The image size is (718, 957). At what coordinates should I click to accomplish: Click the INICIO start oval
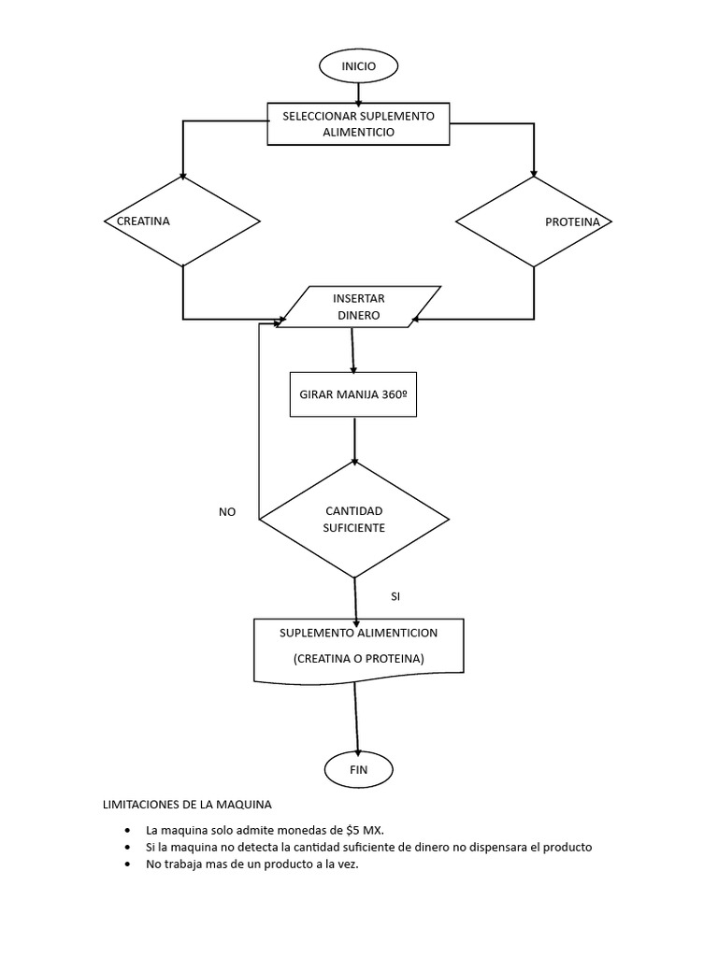pyautogui.click(x=358, y=66)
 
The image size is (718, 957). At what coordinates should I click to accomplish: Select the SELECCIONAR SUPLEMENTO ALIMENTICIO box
pyautogui.click(x=358, y=124)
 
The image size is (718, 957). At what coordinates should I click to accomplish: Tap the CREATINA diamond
pyautogui.click(x=182, y=221)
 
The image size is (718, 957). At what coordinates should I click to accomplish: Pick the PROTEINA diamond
pyautogui.click(x=534, y=221)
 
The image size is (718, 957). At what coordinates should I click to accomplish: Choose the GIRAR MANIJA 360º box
pyautogui.click(x=353, y=394)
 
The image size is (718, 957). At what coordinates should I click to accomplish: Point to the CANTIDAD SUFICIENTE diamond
pyautogui.click(x=353, y=519)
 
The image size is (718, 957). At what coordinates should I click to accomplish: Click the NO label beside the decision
pyautogui.click(x=227, y=512)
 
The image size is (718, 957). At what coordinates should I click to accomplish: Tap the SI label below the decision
pyautogui.click(x=395, y=595)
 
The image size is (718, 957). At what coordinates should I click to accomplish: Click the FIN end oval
pyautogui.click(x=358, y=770)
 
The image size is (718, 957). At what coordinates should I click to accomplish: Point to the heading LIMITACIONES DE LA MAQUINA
pyautogui.click(x=186, y=805)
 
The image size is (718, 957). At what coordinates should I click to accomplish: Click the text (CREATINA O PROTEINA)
pyautogui.click(x=358, y=659)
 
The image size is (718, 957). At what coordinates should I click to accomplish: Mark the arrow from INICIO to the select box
pyautogui.click(x=358, y=93)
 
